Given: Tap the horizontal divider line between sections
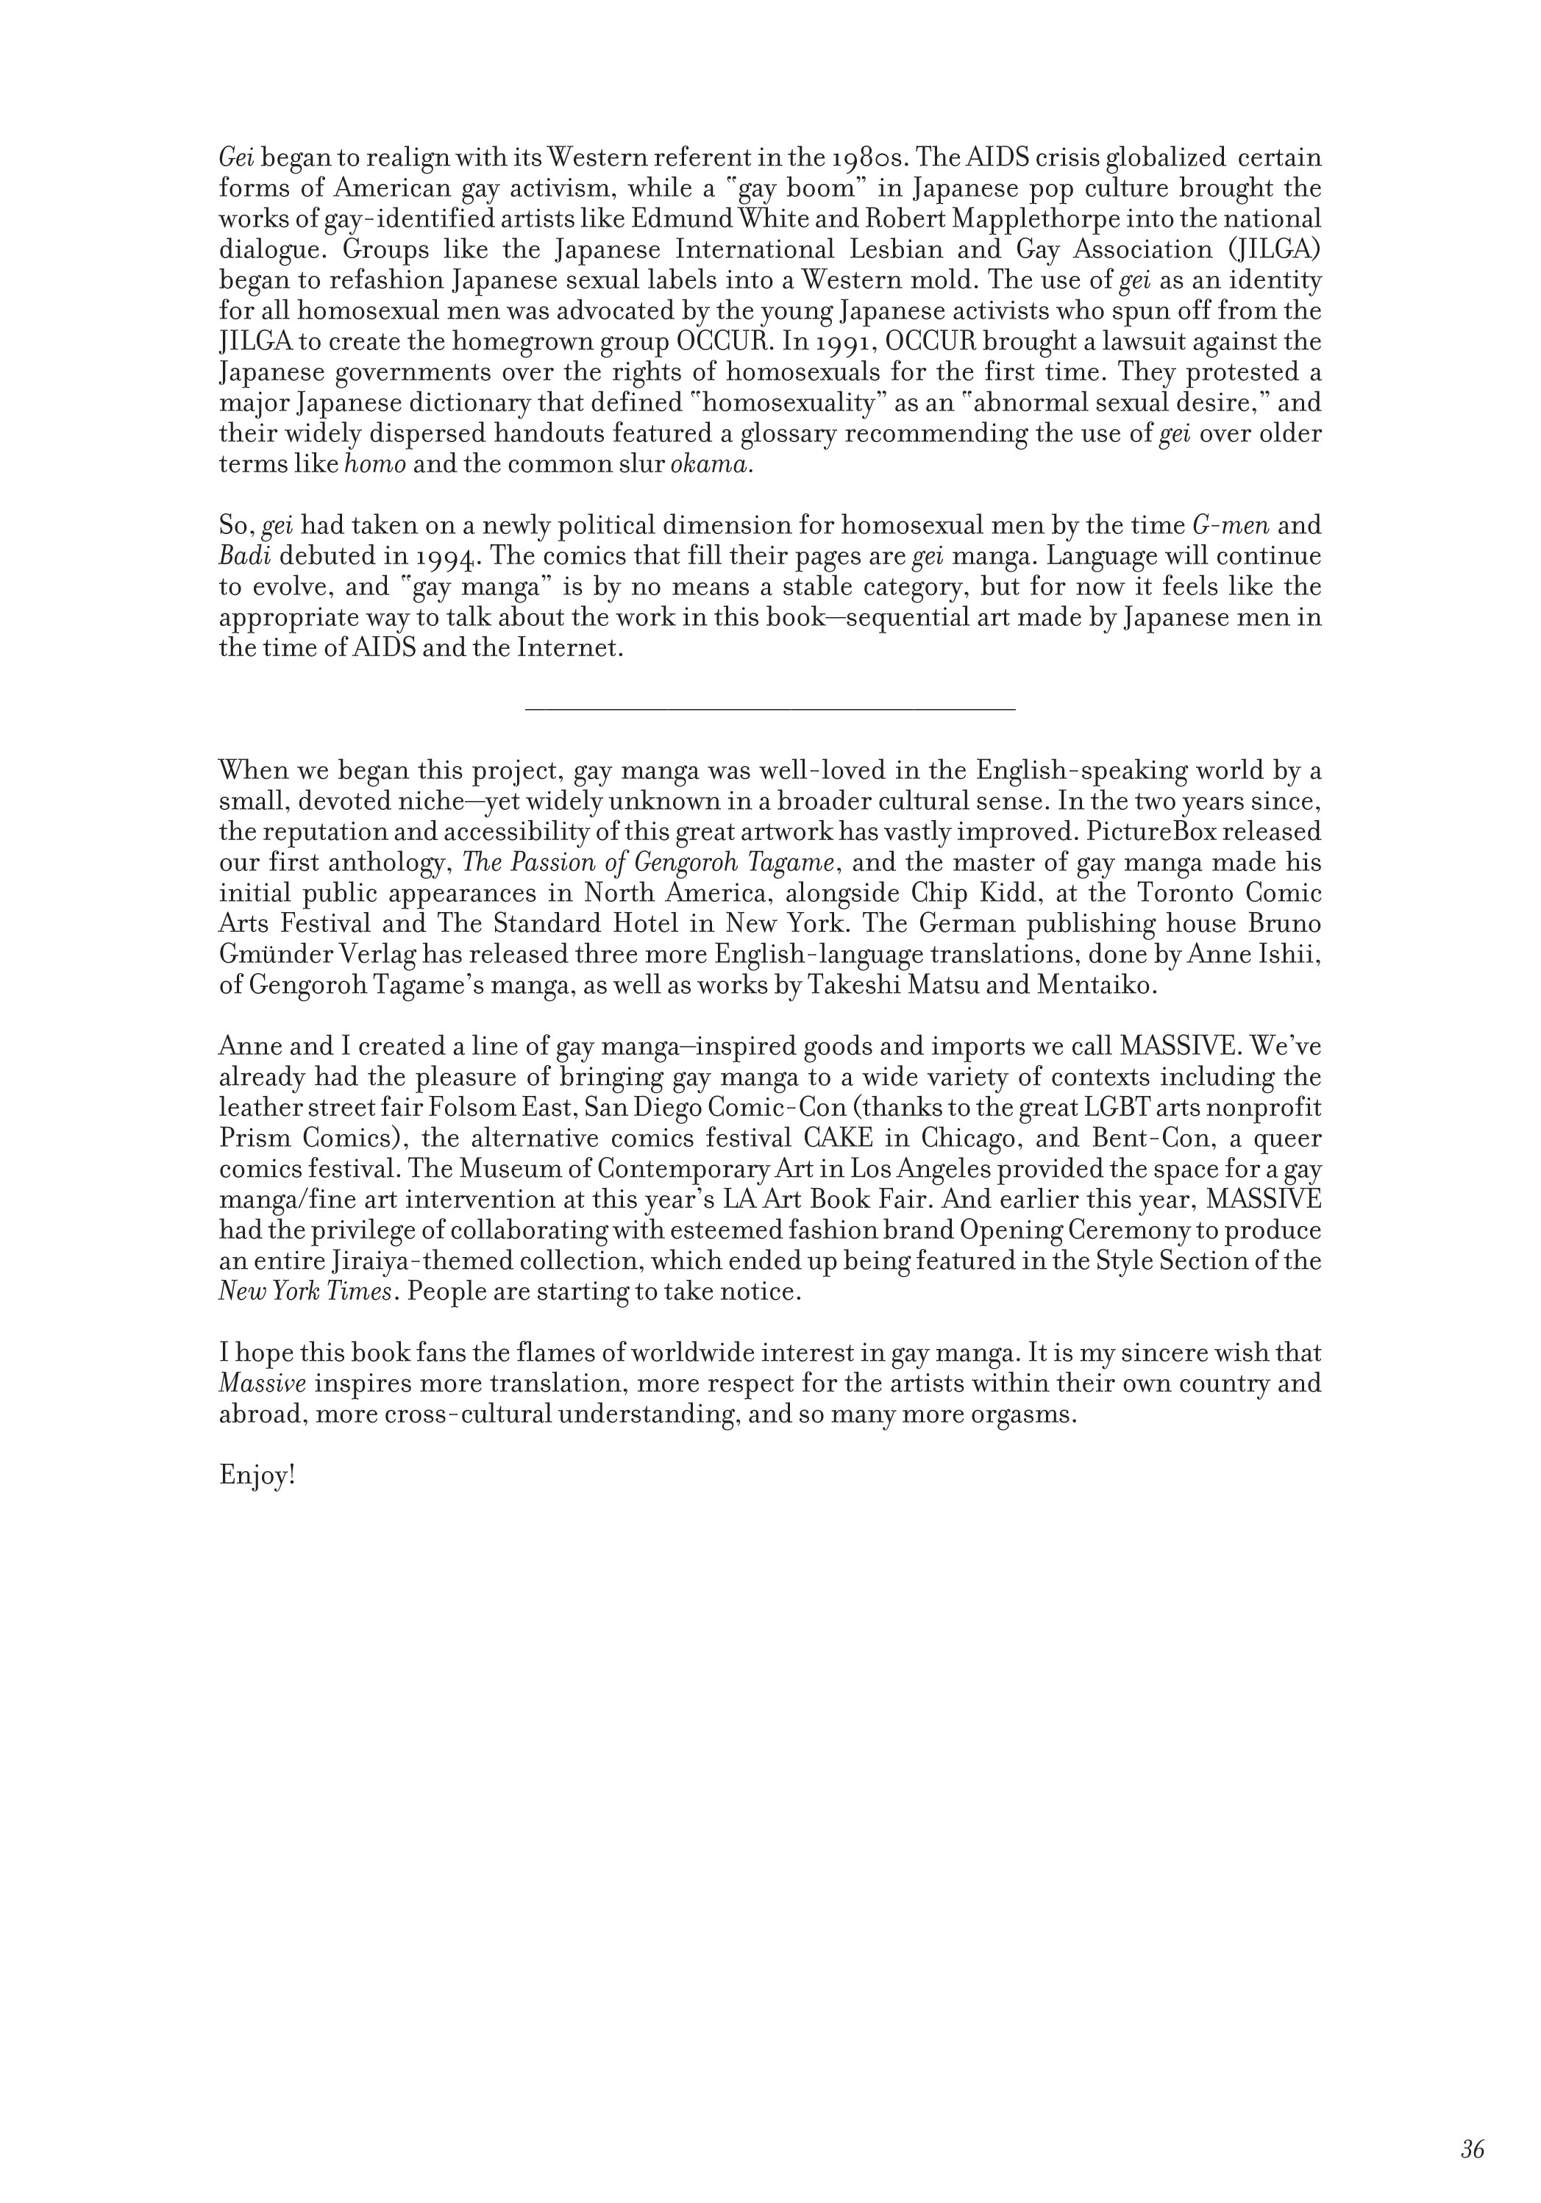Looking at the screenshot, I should point(769,710).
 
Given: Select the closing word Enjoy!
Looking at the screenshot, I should point(256,1475).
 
